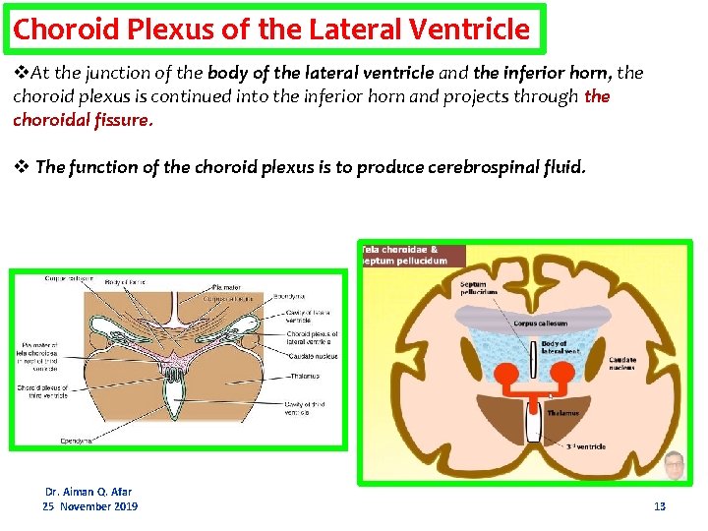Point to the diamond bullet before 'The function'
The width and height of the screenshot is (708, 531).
pyautogui.click(x=21, y=166)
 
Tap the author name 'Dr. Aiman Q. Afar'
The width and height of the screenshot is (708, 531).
pyautogui.click(x=88, y=491)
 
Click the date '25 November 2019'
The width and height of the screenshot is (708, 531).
pyautogui.click(x=89, y=506)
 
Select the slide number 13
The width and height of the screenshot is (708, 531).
pyautogui.click(x=660, y=506)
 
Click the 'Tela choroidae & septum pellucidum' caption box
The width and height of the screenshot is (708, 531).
pyautogui.click(x=411, y=255)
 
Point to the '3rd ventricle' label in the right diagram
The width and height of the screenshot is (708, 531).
pyautogui.click(x=585, y=447)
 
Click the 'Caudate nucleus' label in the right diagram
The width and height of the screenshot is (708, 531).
pyautogui.click(x=622, y=364)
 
